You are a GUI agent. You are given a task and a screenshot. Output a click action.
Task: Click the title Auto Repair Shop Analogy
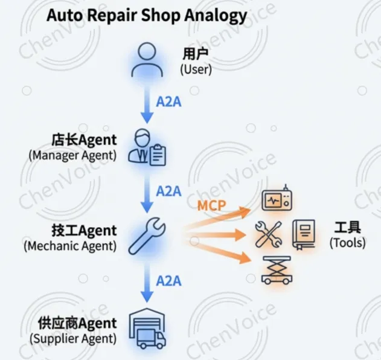pos(147,14)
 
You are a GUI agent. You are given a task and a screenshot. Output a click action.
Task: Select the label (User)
pos(196,69)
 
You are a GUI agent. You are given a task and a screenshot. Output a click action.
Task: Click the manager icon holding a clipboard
pos(147,147)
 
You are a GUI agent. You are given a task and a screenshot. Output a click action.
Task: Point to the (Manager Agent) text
pos(72,155)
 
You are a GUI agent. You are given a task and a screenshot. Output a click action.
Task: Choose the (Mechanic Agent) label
pos(70,246)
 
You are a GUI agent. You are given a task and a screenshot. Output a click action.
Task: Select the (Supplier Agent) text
pos(72,338)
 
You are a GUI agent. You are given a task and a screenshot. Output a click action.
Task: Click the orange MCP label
pos(211,205)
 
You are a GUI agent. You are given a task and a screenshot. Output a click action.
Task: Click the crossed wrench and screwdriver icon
pos(267,234)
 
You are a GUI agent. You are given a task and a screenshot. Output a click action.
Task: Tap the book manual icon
pos(303,234)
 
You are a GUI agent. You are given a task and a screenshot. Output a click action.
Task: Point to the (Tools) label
pos(347,243)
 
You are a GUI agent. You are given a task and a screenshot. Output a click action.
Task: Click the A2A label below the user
pos(169,101)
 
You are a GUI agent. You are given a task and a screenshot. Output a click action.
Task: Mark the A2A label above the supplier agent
pos(169,280)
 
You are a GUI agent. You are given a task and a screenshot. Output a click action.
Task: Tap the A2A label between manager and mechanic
pos(169,191)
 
